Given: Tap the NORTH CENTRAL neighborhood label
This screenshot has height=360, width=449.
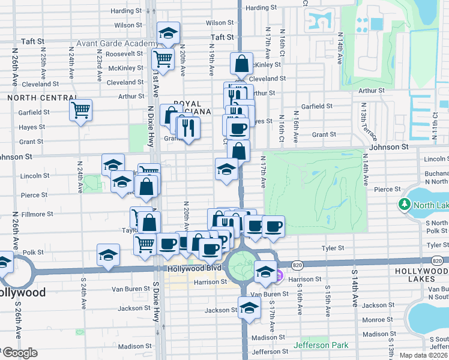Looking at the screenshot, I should pyautogui.click(x=40, y=97).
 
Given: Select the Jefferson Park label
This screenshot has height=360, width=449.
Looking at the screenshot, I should pyautogui.click(x=321, y=346).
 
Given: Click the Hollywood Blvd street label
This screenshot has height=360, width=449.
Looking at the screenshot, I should pyautogui.click(x=194, y=269).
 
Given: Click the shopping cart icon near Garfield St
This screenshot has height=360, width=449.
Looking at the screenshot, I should pyautogui.click(x=80, y=110).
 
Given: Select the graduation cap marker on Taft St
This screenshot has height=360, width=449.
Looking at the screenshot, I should pyautogui.click(x=169, y=33).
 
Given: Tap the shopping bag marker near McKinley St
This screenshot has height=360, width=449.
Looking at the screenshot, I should pyautogui.click(x=241, y=63).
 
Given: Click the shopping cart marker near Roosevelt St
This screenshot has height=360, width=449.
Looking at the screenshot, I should pyautogui.click(x=163, y=59).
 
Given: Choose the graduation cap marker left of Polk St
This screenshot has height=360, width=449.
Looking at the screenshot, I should pyautogui.click(x=108, y=255).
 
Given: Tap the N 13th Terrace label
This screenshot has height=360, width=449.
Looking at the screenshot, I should pyautogui.click(x=364, y=118).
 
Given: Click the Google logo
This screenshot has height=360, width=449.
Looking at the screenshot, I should pyautogui.click(x=19, y=353).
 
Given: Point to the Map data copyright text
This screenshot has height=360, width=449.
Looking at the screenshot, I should pyautogui.click(x=424, y=355).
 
